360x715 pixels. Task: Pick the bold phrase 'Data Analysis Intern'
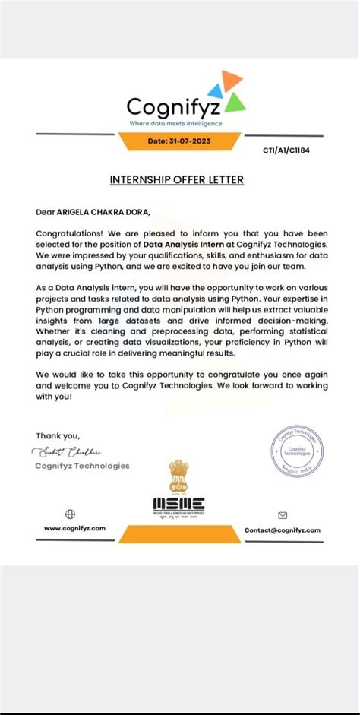point(182,243)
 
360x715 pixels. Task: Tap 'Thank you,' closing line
point(56,435)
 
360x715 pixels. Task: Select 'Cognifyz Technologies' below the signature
point(82,466)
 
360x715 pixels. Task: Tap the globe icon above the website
point(71,514)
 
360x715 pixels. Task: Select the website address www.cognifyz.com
point(74,528)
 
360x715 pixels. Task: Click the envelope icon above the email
point(283,514)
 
